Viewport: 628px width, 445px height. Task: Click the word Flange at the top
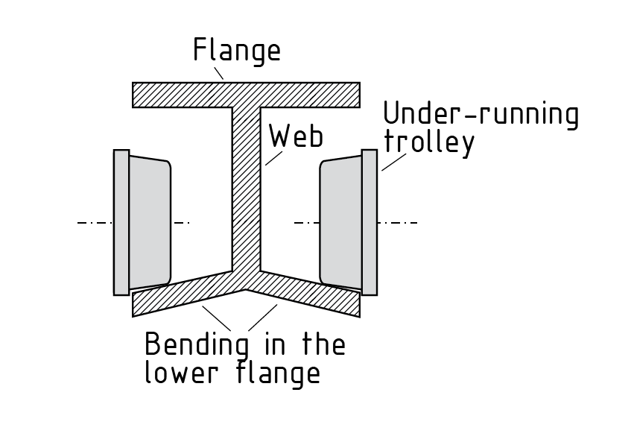[237, 51]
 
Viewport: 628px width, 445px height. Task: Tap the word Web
[296, 136]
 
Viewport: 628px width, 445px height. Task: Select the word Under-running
[480, 115]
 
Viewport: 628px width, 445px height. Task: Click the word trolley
[428, 142]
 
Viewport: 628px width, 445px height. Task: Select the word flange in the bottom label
[280, 372]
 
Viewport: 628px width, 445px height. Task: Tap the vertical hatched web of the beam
[246, 186]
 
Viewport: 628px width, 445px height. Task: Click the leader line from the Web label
[274, 157]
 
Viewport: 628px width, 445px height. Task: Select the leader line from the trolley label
[393, 162]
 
